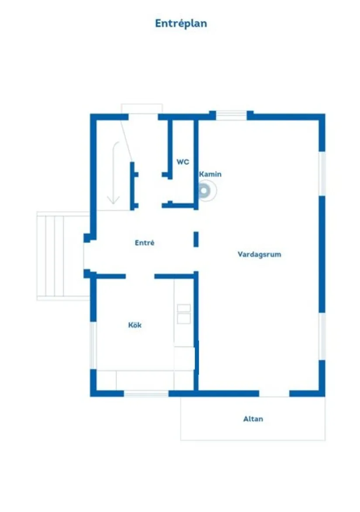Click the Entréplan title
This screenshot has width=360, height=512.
[181, 23]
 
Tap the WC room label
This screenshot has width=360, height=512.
[182, 162]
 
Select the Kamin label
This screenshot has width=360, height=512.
[210, 174]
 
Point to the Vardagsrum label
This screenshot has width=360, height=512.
[259, 254]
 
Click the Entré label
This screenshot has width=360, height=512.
[144, 243]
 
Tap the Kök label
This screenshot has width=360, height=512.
[135, 325]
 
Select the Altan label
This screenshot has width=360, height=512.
[253, 419]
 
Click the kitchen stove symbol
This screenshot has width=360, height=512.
[184, 314]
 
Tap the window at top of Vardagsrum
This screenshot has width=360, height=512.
[231, 116]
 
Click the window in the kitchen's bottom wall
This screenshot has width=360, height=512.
[146, 393]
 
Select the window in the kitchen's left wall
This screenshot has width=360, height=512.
[93, 345]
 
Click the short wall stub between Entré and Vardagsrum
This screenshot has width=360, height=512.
[196, 239]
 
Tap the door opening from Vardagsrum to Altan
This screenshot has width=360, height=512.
[274, 393]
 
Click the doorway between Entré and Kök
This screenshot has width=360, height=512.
[140, 276]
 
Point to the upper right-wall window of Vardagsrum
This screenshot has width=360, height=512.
[322, 173]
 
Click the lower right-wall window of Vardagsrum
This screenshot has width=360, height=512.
[322, 336]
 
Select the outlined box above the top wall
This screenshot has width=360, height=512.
[142, 109]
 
